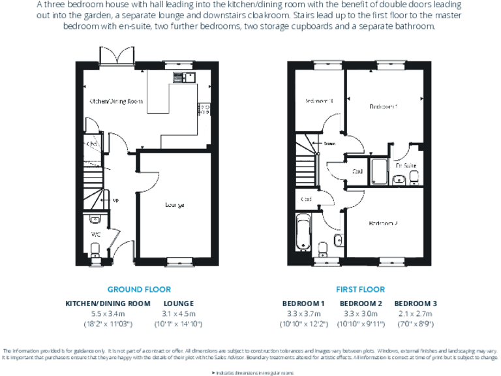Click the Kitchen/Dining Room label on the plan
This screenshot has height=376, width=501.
tap(116, 101)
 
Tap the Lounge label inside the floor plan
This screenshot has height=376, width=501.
tap(174, 205)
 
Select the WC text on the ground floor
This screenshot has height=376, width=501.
tap(95, 234)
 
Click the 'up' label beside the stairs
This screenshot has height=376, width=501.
tap(115, 200)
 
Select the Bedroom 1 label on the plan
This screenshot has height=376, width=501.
tap(383, 106)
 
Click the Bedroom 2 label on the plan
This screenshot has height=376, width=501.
tap(383, 223)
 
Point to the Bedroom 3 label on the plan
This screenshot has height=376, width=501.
tap(320, 101)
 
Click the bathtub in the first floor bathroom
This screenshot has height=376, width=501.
tap(303, 232)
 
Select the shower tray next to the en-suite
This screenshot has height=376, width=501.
tap(378, 170)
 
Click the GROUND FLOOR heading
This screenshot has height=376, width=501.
tap(139, 289)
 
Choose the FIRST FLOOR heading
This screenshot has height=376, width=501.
tap(360, 289)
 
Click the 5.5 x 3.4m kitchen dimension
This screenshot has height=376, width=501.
tap(108, 313)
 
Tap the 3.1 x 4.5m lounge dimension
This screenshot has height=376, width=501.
tap(179, 313)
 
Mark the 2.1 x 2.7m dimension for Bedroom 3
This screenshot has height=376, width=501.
tap(416, 313)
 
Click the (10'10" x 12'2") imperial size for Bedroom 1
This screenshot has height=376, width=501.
tap(303, 324)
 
